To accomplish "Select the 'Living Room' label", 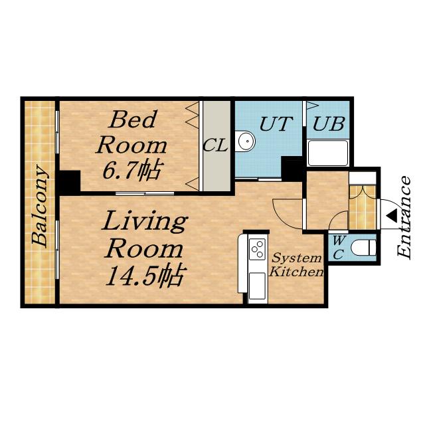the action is tap(144, 234).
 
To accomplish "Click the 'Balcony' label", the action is tap(40, 206).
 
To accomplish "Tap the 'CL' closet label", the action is tap(215, 145).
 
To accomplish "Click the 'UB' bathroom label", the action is tap(329, 124).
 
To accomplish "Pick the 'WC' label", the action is tap(338, 247).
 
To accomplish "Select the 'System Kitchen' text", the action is tap(296, 265).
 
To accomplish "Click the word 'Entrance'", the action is tap(404, 216).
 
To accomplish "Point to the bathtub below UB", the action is tap(327, 153).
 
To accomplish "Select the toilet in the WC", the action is tap(363, 248).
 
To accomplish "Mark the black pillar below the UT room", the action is tap(292, 169).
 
